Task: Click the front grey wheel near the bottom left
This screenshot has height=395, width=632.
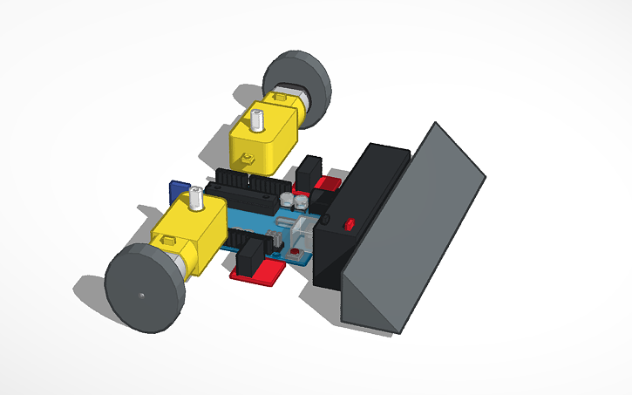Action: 144,289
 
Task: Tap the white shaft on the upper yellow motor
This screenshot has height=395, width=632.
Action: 258,119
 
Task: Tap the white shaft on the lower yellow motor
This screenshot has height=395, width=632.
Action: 197,201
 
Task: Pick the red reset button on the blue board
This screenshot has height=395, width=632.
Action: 296,254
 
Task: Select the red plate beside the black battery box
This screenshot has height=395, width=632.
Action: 328,185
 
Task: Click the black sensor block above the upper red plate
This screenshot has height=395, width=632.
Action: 308,173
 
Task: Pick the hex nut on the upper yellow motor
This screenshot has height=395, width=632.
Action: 247,159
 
